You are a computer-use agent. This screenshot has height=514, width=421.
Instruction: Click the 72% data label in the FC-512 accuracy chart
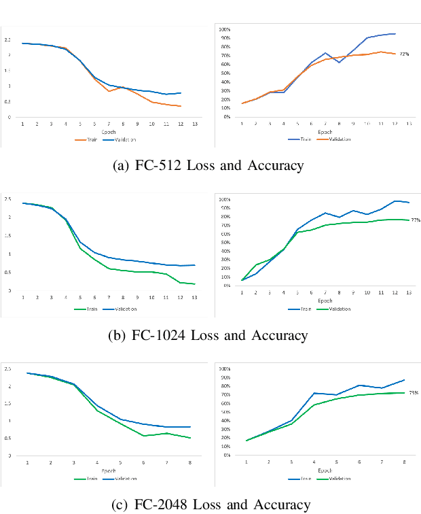pos(404,54)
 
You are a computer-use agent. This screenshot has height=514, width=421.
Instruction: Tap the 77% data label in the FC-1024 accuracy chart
pos(416,220)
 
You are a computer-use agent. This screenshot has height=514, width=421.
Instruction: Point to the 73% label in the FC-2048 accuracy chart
pos(413,392)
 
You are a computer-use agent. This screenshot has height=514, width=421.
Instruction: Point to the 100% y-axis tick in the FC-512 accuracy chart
pos(225,29)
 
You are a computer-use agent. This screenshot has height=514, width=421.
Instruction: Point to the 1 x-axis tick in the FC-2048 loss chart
pos(28,462)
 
